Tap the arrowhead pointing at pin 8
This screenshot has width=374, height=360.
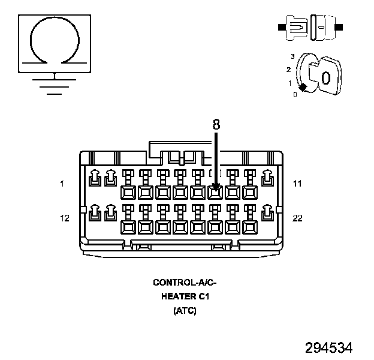click(216, 188)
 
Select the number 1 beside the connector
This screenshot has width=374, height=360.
click(62, 184)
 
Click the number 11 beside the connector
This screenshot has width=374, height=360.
click(297, 184)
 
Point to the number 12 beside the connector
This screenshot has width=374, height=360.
click(64, 218)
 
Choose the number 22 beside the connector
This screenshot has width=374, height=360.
click(297, 218)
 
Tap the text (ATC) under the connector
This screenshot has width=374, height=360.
click(184, 311)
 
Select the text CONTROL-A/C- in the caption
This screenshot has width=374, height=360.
click(184, 282)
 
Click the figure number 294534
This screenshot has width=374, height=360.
click(328, 347)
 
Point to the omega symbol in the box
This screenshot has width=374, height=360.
click(55, 41)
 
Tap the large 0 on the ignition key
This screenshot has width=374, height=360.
click(325, 79)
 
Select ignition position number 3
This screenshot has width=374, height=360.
click(292, 56)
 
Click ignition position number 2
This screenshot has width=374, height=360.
click(288, 70)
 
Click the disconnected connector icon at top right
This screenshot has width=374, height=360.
click(310, 27)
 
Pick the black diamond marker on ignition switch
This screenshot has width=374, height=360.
click(303, 88)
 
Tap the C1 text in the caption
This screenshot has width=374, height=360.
click(204, 296)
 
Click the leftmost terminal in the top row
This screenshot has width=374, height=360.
click(94, 178)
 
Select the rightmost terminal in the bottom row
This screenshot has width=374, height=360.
click(267, 213)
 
